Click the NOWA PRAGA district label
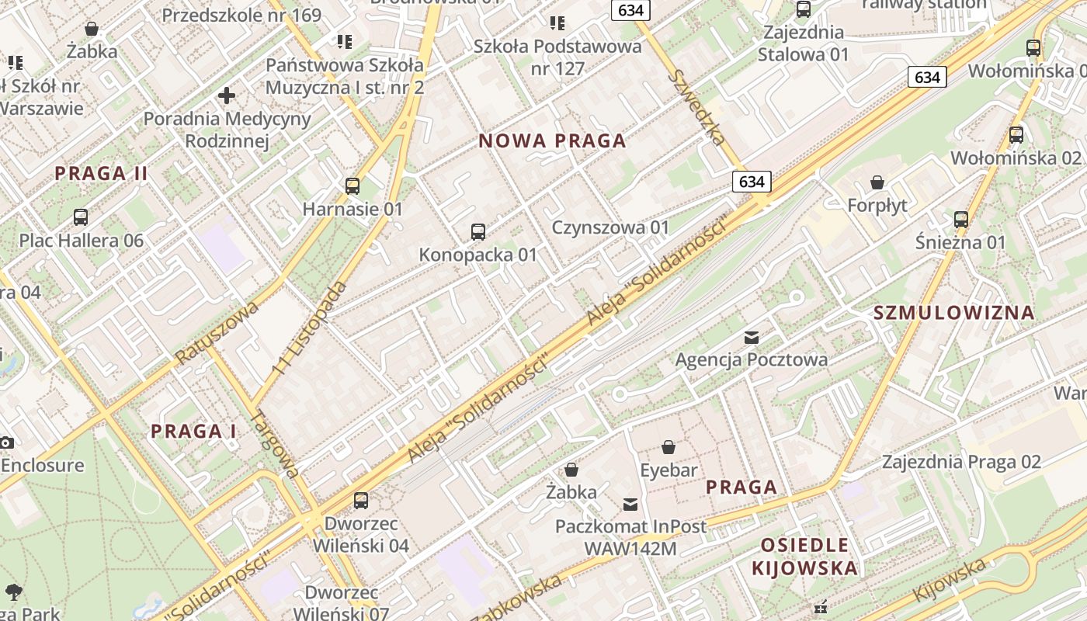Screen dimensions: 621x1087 [x=552, y=141]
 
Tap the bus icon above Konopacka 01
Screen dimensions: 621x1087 [x=478, y=231]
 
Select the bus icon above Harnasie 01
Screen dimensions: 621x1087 [x=352, y=186]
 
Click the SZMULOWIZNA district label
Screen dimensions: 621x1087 [x=953, y=313]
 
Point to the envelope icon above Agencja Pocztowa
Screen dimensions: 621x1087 [x=752, y=337]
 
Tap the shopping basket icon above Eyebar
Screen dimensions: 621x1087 [x=669, y=447]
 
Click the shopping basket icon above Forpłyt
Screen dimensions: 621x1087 [x=877, y=182]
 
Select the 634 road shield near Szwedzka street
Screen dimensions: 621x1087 [x=752, y=182]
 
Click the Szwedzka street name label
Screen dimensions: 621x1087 [x=697, y=107]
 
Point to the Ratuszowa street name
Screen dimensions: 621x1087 [x=217, y=332]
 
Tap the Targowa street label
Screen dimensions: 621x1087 [x=276, y=444]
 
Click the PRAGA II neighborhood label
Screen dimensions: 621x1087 [x=101, y=173]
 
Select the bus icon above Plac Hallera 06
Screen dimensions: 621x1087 [x=81, y=217]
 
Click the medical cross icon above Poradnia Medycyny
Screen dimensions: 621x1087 [x=227, y=96]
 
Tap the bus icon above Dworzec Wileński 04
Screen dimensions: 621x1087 [x=361, y=500]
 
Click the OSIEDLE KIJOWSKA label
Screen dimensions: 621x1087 [x=804, y=556]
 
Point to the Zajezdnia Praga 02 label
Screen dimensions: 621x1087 [x=960, y=462]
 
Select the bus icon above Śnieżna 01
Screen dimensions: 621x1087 [x=961, y=220]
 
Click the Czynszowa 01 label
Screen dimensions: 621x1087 [x=610, y=227]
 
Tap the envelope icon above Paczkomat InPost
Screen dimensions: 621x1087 [x=630, y=505]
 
